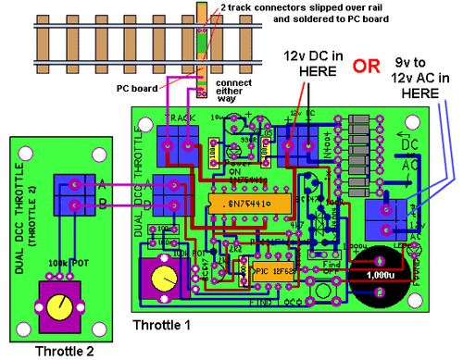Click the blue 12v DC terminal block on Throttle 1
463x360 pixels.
[297, 145]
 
